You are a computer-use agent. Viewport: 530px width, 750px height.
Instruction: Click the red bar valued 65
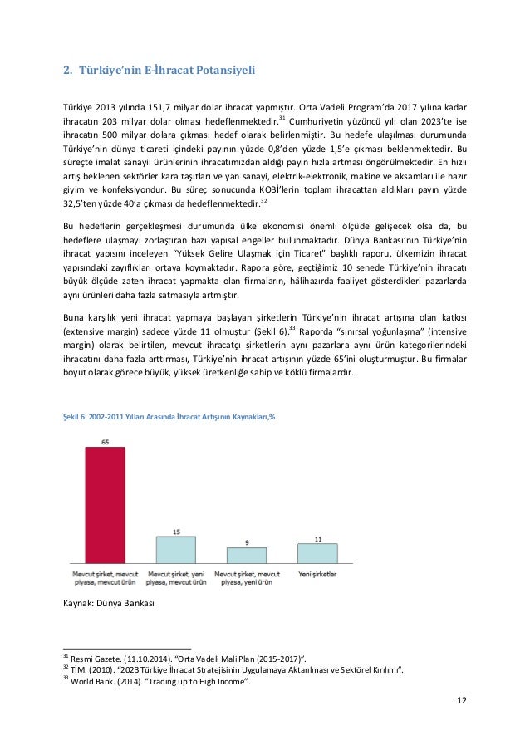point(105,505)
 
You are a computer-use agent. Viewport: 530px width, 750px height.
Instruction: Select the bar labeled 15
point(176,550)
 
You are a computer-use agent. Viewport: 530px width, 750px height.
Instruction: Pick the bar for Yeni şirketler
point(318,554)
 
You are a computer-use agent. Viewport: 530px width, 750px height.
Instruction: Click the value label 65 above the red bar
point(106,442)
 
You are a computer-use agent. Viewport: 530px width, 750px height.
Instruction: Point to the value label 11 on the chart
point(318,539)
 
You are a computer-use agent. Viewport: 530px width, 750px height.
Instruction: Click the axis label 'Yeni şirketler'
point(318,573)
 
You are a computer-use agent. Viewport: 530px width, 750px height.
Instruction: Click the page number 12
point(461,700)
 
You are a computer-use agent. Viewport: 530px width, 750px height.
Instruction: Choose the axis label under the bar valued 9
point(247,578)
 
